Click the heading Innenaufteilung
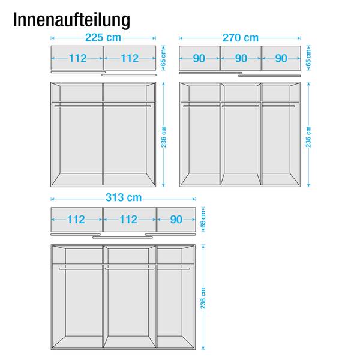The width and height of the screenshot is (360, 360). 71,20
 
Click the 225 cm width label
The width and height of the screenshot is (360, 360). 103,38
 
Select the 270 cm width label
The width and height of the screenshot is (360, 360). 241,38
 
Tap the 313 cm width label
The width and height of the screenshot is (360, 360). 124,197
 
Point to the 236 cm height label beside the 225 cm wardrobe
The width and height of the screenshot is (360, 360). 163,137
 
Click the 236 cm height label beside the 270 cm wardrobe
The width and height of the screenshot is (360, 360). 308,137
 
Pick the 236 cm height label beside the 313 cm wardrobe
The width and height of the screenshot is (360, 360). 203,298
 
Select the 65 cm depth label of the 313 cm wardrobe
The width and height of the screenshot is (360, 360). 203,219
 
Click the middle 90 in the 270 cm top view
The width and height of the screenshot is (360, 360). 241,58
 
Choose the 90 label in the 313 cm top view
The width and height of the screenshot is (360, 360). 176,220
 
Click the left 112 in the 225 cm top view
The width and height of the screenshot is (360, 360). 77,58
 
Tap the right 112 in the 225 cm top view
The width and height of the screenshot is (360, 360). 130,58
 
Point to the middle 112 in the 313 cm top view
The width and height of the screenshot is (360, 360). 128,220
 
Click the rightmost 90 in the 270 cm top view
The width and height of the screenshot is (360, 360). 281,58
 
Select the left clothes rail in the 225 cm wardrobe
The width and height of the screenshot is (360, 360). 78,106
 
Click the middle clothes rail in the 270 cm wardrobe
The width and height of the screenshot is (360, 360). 241,106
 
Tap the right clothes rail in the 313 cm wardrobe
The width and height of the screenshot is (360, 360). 173,268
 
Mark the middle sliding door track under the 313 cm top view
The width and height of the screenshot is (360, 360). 122,238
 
